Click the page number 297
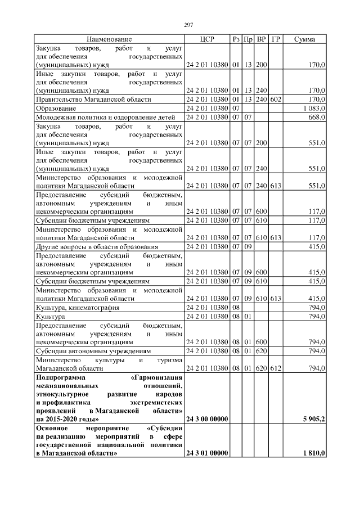pos(189,25)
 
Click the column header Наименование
pos(109,39)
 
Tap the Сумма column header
pos(304,39)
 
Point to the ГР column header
pos(276,39)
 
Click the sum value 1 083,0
pos(313,108)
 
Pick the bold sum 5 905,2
pos(313,419)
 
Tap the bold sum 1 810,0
pos(313,453)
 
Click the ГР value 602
pos(275,99)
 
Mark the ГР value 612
pos(275,368)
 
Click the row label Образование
pos(56,108)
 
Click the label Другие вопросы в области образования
pos(97,246)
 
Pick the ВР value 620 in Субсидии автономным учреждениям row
pos(262,351)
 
